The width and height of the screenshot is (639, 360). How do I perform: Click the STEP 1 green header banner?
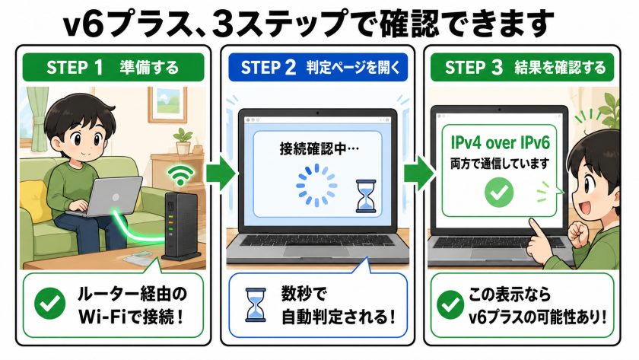click(113, 67)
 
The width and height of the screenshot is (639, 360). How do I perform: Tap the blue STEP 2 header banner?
click(318, 67)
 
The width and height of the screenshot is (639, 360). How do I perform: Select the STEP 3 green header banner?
click(522, 67)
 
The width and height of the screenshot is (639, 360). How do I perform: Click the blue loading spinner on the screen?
click(316, 185)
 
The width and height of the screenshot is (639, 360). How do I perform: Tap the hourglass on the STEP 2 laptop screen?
click(366, 196)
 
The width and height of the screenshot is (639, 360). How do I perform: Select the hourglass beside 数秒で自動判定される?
click(256, 305)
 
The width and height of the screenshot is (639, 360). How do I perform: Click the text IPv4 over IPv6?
click(500, 142)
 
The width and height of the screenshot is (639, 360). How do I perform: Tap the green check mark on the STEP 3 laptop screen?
click(499, 192)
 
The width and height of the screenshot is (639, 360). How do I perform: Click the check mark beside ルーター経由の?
click(49, 304)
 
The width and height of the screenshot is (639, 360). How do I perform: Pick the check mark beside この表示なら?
click(450, 305)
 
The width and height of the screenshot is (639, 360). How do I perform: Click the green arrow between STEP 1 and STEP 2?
click(221, 174)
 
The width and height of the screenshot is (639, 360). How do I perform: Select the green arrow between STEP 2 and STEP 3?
click(419, 174)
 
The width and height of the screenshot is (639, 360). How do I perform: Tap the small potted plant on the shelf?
click(183, 141)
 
